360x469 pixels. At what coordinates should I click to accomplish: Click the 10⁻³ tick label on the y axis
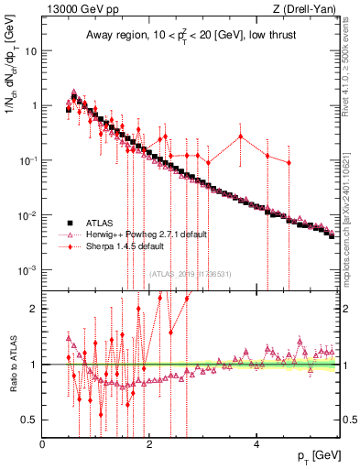(28, 271)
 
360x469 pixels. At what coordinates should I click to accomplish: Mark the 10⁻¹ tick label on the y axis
(28, 161)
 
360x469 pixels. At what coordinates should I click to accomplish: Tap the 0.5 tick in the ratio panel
(30, 420)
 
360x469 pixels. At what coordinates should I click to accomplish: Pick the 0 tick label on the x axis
(43, 444)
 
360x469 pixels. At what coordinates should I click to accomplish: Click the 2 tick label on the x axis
(150, 444)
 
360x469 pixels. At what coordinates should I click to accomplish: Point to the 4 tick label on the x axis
(257, 444)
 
